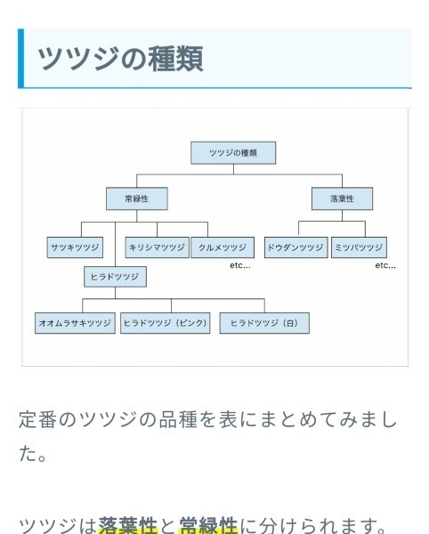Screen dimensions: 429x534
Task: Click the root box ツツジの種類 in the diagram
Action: (x=233, y=153)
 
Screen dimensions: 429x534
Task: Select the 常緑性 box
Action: (x=137, y=198)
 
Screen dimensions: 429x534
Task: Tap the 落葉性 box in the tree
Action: (x=342, y=198)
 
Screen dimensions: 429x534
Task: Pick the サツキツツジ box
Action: (x=75, y=247)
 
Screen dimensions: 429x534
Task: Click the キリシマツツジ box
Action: (x=157, y=247)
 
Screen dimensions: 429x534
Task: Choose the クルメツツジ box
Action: (x=223, y=247)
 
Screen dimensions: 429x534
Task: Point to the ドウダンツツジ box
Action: (x=296, y=247)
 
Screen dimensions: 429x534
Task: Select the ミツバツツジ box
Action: (x=359, y=247)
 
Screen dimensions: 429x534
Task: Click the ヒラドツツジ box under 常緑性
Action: (x=115, y=277)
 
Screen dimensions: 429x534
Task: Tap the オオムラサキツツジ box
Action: (x=75, y=323)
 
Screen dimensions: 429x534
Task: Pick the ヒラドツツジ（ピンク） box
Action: (x=166, y=323)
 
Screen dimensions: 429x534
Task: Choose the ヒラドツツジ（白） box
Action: (x=264, y=323)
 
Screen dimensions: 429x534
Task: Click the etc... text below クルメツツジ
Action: (x=240, y=265)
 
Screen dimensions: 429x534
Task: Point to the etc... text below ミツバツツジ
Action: (x=385, y=265)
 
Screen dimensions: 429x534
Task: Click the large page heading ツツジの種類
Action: (x=120, y=59)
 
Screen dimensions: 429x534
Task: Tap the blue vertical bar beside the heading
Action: (x=20, y=58)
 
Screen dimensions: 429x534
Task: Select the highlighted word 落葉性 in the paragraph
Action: (x=127, y=525)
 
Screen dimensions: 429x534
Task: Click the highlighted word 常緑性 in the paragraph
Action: (x=208, y=525)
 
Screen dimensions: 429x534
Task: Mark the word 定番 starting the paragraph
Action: (x=37, y=419)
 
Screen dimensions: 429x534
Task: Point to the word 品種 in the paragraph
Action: (x=178, y=419)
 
